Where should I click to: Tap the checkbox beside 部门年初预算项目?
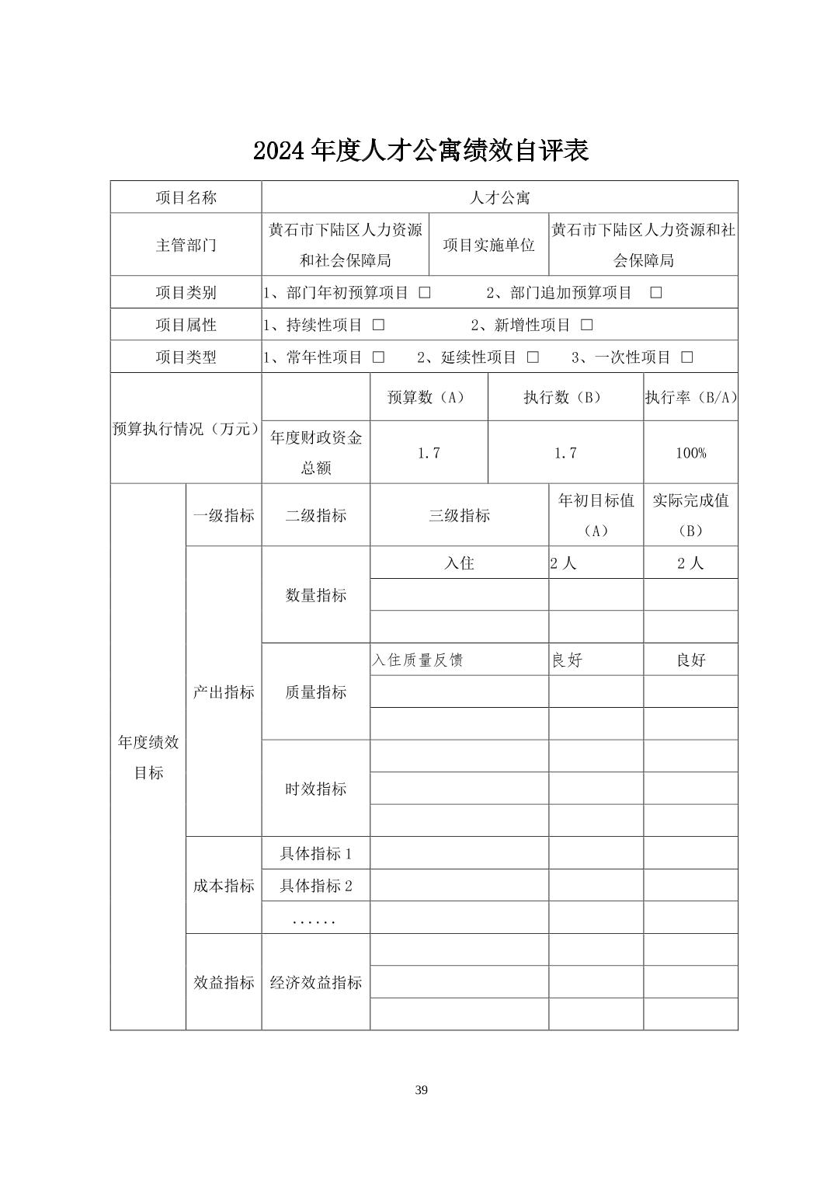tap(425, 293)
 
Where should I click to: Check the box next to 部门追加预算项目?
tap(655, 293)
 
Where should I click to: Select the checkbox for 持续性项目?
tap(378, 325)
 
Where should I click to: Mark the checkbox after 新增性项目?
tap(587, 325)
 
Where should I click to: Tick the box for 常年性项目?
tap(378, 357)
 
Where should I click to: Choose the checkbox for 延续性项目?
tap(533, 357)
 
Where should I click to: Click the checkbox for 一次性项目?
tap(686, 357)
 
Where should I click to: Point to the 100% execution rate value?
tap(690, 453)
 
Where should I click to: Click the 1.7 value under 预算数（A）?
tap(429, 453)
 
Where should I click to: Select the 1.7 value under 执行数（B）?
tap(565, 453)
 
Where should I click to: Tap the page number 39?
tap(421, 1090)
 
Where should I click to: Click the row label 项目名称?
tap(186, 197)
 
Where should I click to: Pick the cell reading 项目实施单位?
tap(488, 245)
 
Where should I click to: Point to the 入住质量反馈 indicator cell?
tap(417, 660)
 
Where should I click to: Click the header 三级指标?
tap(459, 516)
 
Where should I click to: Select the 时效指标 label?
tap(315, 789)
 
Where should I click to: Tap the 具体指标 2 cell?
tap(315, 886)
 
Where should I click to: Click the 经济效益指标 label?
tap(315, 983)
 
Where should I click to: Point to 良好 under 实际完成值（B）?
tap(690, 660)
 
